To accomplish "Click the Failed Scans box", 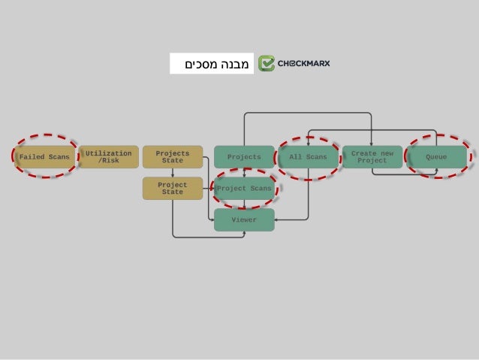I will click(x=45, y=157).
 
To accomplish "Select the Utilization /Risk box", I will click(x=109, y=157).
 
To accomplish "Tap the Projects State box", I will click(x=173, y=157).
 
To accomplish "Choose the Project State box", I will click(x=173, y=188).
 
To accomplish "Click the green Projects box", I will click(x=244, y=157).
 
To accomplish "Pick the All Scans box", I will click(x=308, y=157).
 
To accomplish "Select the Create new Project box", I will click(x=372, y=157).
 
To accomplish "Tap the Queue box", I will click(x=436, y=157).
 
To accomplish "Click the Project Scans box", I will click(x=244, y=189).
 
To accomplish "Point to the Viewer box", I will click(x=244, y=220).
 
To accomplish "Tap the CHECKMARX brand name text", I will click(x=304, y=63).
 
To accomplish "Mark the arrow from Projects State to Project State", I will click(x=173, y=173).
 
